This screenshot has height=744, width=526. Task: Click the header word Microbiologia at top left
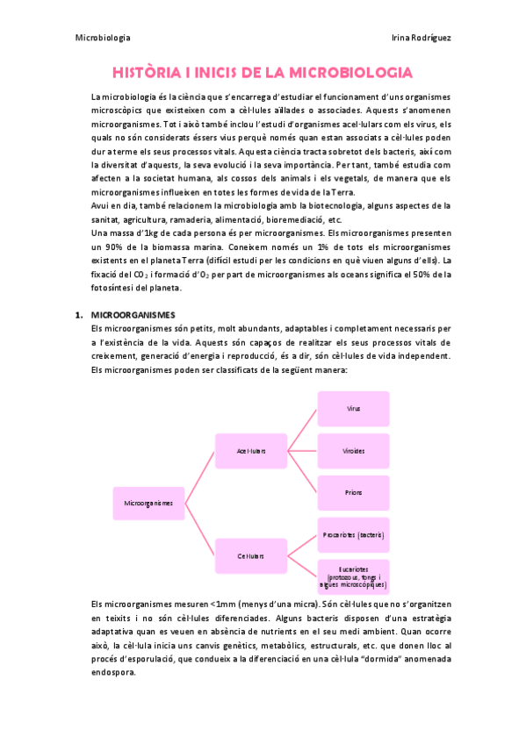pyautogui.click(x=103, y=38)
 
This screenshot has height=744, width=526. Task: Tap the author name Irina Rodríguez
pyautogui.click(x=421, y=38)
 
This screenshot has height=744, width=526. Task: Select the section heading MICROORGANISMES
pyautogui.click(x=133, y=314)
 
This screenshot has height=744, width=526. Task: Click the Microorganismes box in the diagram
pyautogui.click(x=148, y=504)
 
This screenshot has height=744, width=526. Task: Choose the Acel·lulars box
pyautogui.click(x=251, y=451)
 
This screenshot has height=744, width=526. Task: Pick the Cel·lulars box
pyautogui.click(x=251, y=555)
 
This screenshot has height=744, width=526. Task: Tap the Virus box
pyautogui.click(x=353, y=408)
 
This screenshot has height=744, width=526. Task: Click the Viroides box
pyautogui.click(x=353, y=451)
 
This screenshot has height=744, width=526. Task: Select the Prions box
pyautogui.click(x=353, y=493)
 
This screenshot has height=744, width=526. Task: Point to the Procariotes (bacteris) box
pyautogui.click(x=353, y=534)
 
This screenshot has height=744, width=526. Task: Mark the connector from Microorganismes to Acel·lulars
pyautogui.click(x=200, y=477)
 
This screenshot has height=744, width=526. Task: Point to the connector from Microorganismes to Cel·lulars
pyautogui.click(x=200, y=530)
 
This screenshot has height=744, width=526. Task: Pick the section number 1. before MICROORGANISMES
pyautogui.click(x=78, y=314)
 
